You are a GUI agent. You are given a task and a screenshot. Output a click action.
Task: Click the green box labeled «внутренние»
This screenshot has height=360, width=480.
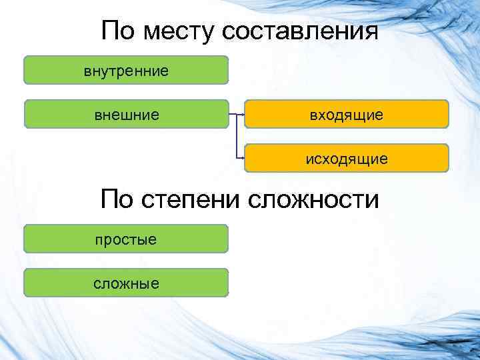tap(126, 69)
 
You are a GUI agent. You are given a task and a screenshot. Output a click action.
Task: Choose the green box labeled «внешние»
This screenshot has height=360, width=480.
tap(126, 114)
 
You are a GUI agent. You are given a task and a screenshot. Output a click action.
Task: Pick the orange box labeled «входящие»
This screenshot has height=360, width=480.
tap(346, 114)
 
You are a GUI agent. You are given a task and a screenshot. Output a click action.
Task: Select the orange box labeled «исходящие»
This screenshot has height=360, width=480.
tap(346, 159)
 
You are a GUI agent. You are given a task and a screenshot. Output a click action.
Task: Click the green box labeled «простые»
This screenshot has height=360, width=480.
tap(126, 239)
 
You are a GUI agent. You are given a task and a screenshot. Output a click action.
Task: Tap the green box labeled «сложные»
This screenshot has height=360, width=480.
tap(126, 283)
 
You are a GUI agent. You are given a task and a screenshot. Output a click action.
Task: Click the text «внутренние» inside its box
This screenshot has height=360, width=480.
tap(126, 69)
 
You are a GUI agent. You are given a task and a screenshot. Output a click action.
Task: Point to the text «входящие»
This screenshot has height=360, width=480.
tap(346, 115)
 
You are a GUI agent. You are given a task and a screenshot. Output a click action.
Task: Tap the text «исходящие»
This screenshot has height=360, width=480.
tap(346, 159)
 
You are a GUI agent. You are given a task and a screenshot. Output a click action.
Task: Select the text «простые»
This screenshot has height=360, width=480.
tap(126, 239)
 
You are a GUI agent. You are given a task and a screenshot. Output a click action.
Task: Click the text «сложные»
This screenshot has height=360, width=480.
tap(126, 283)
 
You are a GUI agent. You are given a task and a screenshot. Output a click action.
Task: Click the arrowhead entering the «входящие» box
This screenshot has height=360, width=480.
tap(243, 114)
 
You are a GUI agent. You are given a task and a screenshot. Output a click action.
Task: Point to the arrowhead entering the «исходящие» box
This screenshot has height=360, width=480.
tap(243, 159)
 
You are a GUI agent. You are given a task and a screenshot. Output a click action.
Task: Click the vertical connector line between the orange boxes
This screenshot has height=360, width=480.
tap(237, 137)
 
